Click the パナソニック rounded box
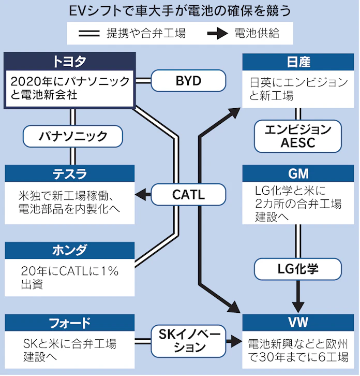pos(73,136)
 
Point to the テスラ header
pos(69,173)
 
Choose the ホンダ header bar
pos(69,250)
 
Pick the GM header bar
pos(298,173)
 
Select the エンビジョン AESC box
pos(298,136)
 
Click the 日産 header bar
pos(298,62)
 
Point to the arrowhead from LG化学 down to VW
pos(298,305)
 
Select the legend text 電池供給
pos(257,34)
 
